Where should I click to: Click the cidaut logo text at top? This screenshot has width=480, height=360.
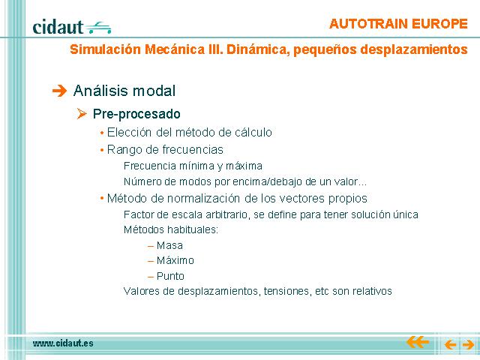coord(58,27)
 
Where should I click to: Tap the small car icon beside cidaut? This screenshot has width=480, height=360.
coord(98,28)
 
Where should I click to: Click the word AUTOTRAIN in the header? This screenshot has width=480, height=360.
coord(368,24)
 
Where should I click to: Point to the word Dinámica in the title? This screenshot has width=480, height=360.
coord(258,49)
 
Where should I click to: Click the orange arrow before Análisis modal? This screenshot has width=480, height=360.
coord(59,91)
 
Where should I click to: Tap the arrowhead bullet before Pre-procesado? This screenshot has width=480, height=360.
coord(82,114)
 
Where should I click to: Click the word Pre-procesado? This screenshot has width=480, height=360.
coord(136,114)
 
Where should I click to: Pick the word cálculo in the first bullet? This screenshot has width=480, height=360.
coord(253,132)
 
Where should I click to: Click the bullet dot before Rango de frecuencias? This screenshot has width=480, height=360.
coord(102,150)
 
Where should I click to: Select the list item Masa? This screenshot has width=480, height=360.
coord(169,245)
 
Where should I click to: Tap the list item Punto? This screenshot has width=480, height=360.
coord(170,276)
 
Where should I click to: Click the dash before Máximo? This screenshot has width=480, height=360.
coord(150,261)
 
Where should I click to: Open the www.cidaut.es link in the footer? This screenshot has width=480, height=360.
coord(63,343)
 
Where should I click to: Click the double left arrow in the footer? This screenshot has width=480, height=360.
coord(418,342)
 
